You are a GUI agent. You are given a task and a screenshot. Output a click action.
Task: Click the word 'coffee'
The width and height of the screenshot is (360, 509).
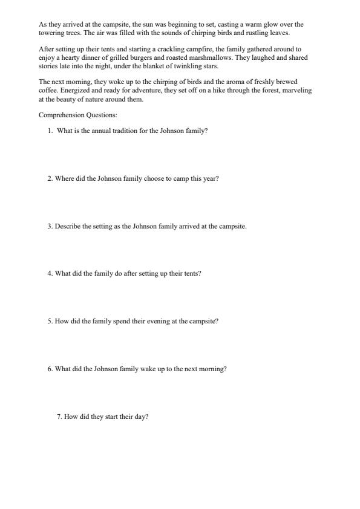coord(48,90)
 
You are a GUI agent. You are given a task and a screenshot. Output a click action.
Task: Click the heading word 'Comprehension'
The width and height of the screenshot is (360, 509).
coord(59,114)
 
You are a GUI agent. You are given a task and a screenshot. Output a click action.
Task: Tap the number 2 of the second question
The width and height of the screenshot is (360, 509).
coord(50,179)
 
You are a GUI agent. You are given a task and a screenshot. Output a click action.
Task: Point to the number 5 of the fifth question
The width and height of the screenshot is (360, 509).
coord(50,322)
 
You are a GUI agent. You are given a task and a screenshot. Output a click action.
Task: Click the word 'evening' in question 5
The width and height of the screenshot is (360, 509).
coord(155,322)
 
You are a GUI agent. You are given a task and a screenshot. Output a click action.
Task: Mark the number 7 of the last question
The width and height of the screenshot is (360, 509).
coord(59,417)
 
